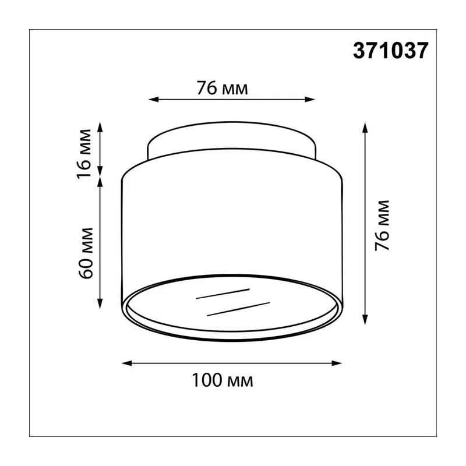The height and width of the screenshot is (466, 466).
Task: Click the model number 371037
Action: coord(390,51)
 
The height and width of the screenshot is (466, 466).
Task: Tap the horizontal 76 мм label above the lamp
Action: coord(223,89)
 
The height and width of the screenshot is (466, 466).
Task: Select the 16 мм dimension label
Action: coord(84,154)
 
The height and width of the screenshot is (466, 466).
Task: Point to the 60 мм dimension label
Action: coord(86,253)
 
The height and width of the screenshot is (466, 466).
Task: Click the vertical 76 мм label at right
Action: coord(382,226)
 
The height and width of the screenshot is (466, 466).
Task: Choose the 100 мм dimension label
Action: coord(223,380)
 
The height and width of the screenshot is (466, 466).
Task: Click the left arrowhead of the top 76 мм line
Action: coord(153,99)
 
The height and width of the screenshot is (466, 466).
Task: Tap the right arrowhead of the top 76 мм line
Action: coord(310,99)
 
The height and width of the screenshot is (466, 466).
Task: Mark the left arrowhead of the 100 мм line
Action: coord(127,363)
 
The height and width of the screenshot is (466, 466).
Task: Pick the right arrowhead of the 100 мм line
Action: coord(337,363)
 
